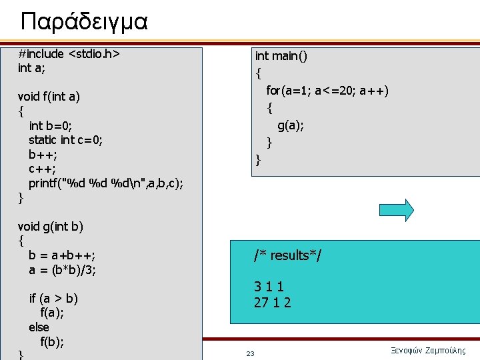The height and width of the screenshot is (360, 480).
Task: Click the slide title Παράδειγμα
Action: [84, 22]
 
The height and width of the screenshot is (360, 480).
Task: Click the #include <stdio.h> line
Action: [69, 54]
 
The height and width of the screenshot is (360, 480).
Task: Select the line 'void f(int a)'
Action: [49, 97]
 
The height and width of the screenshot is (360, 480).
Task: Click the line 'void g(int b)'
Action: [51, 226]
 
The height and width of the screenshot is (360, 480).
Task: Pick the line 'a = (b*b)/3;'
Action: [62, 269]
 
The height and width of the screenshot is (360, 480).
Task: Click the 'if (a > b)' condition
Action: [53, 298]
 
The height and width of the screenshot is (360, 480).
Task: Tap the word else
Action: [39, 327]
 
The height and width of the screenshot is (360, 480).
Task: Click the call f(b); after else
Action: [52, 342]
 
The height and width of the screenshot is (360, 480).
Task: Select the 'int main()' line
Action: [281, 56]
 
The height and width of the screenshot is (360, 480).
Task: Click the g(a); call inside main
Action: [291, 125]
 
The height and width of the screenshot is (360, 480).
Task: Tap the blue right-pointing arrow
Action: [399, 210]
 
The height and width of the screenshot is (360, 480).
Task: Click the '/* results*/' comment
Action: [287, 255]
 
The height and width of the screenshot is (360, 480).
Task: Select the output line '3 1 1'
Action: [269, 287]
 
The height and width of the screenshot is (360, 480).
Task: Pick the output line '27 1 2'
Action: [272, 303]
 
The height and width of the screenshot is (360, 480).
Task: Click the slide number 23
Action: [250, 353]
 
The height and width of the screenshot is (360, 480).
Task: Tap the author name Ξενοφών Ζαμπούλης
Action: [427, 351]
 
